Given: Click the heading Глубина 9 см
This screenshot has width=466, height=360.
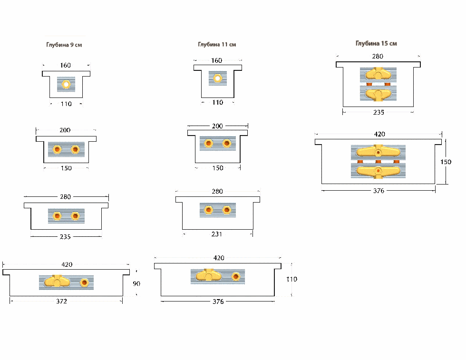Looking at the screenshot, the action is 64,45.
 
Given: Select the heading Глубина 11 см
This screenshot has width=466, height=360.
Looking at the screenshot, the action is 217,45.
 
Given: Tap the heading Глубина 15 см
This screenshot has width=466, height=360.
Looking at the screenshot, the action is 376,43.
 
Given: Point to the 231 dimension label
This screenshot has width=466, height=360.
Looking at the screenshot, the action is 217,234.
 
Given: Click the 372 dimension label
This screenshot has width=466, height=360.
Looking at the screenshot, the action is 61,301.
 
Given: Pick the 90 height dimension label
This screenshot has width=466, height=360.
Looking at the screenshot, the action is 136,283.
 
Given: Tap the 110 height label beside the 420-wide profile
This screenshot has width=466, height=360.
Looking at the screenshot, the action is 291,279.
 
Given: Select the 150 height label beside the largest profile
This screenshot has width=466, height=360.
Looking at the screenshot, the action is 446,162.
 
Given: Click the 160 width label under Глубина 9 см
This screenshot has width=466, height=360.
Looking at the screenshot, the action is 66,66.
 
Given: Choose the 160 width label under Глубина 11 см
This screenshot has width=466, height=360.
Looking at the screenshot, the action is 217,61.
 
